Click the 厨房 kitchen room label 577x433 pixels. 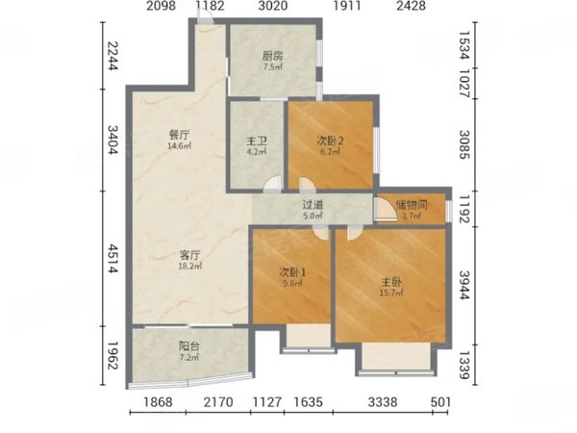coord(272,55)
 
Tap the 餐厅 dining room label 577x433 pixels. coord(179,136)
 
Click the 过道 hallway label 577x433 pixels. coord(312,204)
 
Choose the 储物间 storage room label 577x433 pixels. coord(411,204)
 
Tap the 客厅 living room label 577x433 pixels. coord(189,256)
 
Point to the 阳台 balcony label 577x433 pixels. coord(189,347)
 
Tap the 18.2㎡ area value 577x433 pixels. coord(189,267)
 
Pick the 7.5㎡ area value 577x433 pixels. coord(272,67)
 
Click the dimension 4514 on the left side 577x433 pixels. coord(112,259)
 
